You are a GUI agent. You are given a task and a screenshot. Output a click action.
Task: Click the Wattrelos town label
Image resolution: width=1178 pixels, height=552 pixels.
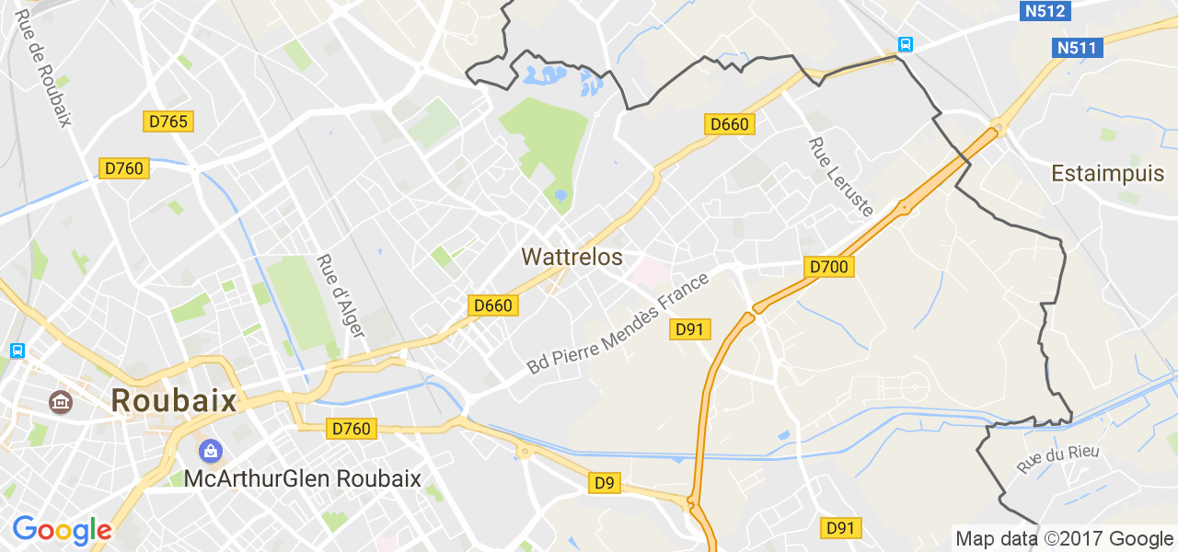(572, 257)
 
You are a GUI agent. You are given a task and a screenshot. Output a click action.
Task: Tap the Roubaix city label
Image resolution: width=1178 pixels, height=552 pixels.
(174, 400)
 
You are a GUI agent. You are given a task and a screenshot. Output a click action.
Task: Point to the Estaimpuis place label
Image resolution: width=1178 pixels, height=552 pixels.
(1108, 173)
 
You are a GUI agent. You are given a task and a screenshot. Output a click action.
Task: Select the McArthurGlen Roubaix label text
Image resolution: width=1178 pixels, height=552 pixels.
(302, 478)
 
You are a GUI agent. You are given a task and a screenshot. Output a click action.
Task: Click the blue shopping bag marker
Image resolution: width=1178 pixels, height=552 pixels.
(211, 451)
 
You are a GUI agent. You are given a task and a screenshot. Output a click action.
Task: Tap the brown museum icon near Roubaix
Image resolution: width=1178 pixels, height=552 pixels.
(61, 401)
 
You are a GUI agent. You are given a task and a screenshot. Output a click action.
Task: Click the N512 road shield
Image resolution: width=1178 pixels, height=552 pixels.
(1045, 11)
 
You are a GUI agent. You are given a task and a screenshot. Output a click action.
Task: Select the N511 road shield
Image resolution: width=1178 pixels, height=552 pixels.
(1079, 48)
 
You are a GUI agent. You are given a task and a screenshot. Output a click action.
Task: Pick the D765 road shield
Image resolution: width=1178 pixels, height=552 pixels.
(169, 121)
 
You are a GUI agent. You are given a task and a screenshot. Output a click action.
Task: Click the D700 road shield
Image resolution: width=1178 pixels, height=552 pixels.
(829, 267)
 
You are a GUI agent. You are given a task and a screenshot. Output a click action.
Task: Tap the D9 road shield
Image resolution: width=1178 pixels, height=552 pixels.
(604, 483)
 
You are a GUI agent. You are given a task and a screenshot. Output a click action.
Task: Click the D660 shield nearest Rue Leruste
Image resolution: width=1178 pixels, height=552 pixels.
(730, 123)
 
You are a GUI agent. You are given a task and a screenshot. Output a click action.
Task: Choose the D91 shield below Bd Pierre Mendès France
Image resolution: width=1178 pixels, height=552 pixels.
(689, 329)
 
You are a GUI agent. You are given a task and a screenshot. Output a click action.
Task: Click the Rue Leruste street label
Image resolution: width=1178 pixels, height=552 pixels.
(840, 177)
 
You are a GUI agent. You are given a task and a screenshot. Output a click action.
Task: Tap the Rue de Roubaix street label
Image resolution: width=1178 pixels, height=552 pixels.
(43, 69)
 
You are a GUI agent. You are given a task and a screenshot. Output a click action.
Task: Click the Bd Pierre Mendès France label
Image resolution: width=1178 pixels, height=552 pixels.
(618, 323)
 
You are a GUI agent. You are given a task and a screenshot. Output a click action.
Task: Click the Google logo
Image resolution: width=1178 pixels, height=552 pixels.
(62, 531)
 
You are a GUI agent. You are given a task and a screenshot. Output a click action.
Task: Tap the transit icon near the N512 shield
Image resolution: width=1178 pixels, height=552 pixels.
(905, 44)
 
